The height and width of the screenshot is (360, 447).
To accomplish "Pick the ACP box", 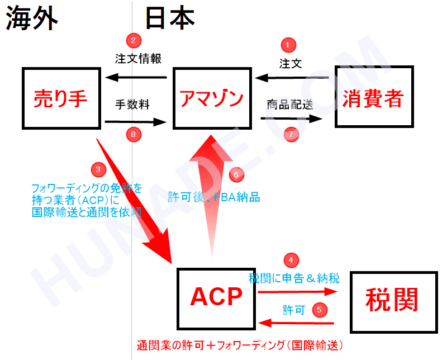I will [216, 298].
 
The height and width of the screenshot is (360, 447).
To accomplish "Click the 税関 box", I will [392, 302].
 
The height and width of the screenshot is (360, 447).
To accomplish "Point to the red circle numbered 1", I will [288, 45].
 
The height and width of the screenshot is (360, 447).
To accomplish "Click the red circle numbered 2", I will [133, 40].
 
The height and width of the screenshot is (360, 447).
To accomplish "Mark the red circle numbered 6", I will [236, 174].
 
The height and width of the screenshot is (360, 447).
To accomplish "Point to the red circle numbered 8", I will [133, 134].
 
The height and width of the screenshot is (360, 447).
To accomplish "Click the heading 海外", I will [32, 18].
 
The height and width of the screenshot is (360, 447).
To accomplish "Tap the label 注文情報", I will [138, 58].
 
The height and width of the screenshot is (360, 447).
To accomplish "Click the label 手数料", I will [132, 103].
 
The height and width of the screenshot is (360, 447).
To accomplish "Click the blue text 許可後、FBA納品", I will [214, 197].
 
